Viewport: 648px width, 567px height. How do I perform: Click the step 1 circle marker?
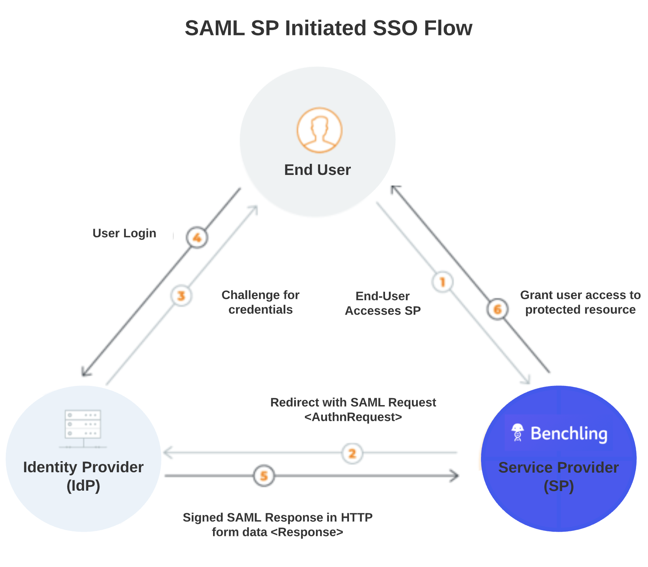(442, 282)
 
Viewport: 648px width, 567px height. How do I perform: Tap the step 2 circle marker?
(352, 453)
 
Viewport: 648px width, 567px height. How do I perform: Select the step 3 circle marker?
(181, 296)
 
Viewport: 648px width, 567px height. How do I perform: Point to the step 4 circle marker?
(197, 238)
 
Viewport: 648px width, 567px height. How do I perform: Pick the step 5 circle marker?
(264, 476)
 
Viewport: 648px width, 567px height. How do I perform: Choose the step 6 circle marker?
(498, 309)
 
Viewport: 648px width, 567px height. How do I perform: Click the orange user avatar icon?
(319, 130)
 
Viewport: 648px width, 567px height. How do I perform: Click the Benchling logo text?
(569, 434)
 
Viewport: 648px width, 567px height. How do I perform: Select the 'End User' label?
(317, 170)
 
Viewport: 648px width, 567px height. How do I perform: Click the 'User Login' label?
(124, 233)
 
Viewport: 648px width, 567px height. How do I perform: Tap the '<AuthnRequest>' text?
(353, 417)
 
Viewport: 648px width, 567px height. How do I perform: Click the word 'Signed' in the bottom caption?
(203, 518)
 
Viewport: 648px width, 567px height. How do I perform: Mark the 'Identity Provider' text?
(83, 467)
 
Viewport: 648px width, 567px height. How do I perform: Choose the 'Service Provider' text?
(559, 468)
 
